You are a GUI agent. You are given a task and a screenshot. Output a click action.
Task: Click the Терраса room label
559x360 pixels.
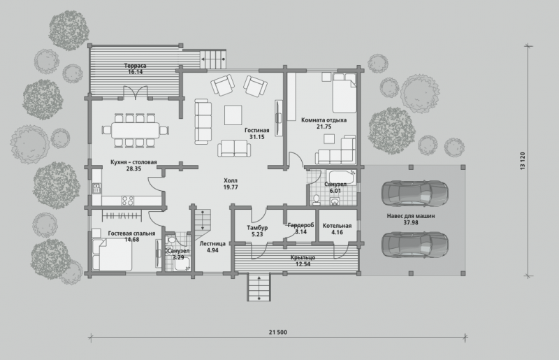pyautogui.click(x=135, y=66)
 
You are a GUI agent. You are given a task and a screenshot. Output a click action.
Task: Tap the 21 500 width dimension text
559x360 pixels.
pyautogui.click(x=277, y=332)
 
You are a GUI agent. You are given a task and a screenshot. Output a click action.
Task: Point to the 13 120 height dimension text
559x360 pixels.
pyautogui.click(x=523, y=161)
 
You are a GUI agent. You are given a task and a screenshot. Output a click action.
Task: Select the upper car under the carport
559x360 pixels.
pyautogui.click(x=414, y=193)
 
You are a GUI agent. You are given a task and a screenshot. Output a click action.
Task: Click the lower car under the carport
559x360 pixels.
pyautogui.click(x=414, y=245)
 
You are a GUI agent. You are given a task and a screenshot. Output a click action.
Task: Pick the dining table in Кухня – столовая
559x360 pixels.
pyautogui.click(x=135, y=130)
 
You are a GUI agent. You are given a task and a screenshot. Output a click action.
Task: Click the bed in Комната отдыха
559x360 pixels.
pyautogui.click(x=344, y=93)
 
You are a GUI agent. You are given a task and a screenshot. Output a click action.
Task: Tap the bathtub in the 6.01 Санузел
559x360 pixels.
pyautogui.click(x=341, y=178)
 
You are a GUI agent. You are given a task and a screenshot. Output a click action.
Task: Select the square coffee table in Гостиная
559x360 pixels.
pyautogui.click(x=233, y=115)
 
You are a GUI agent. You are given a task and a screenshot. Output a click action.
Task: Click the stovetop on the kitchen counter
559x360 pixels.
pyautogui.click(x=128, y=201)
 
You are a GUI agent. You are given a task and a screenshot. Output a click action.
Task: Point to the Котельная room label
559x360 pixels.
pyautogui.click(x=337, y=226)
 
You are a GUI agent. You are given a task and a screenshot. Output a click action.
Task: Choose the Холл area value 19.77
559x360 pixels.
pyautogui.click(x=231, y=187)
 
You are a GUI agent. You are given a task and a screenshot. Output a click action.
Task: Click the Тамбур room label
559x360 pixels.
pyautogui.click(x=257, y=228)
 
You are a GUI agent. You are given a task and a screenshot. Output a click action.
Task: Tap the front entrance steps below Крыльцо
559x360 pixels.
pyautogui.click(x=259, y=287)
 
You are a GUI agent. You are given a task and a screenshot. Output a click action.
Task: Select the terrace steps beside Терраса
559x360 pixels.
pyautogui.click(x=213, y=59)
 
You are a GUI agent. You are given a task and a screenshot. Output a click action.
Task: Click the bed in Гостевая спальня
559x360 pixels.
pyautogui.click(x=112, y=254)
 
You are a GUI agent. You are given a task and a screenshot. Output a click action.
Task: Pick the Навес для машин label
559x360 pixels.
pyautogui.click(x=411, y=216)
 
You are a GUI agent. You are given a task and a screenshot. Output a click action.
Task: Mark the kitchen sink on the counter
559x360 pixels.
pyautogui.click(x=96, y=188)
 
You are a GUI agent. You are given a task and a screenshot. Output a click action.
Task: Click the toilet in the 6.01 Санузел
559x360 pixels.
pyautogui.click(x=317, y=200)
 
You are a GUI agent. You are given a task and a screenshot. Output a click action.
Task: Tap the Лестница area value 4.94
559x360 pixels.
pyautogui.click(x=212, y=250)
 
